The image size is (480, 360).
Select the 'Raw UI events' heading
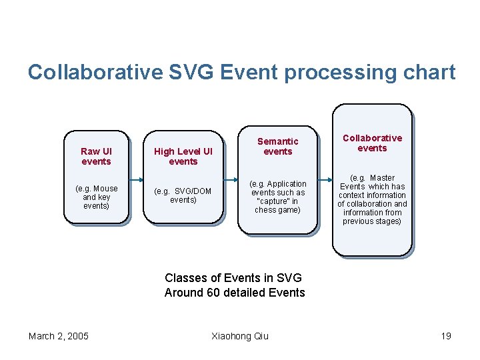click(96, 157)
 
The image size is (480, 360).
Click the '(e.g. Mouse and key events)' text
click(96, 197)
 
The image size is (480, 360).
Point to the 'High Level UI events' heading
click(183, 157)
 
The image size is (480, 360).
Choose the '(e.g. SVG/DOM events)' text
click(183, 195)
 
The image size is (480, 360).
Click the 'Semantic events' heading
click(278, 146)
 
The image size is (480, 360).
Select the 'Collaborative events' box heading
click(372, 143)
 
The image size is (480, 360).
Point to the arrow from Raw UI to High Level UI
click(137, 180)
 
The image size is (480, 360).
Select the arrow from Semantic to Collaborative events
click(325, 180)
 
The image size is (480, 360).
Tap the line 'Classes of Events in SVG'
click(233, 278)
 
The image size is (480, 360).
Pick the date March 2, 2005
click(59, 335)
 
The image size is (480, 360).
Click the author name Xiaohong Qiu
click(239, 335)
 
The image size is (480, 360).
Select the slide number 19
click(445, 335)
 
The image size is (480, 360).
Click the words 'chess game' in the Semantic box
click(278, 210)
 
